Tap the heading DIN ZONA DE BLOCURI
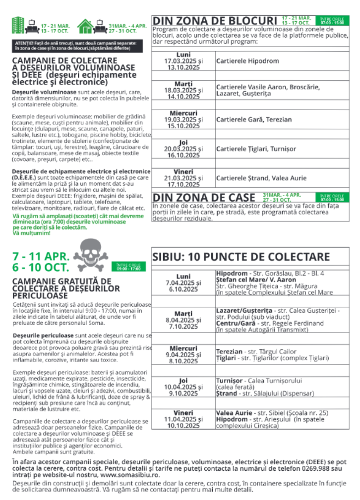214,20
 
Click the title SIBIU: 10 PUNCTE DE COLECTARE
241,257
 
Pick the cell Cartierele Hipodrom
247,61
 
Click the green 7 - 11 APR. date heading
42,257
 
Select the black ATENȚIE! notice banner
78,46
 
